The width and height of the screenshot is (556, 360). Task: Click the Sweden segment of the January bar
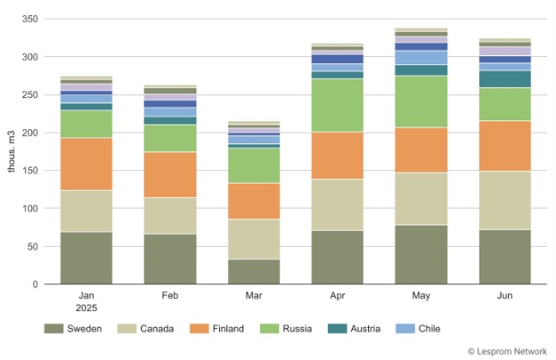86,258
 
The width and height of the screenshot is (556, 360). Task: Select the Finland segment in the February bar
170,175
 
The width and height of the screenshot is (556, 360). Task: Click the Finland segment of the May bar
421,150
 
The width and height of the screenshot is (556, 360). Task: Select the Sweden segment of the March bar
254,272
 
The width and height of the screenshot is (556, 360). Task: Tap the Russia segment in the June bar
505,104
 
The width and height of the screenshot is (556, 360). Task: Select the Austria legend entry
364,329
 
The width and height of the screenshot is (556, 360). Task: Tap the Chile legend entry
428,329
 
